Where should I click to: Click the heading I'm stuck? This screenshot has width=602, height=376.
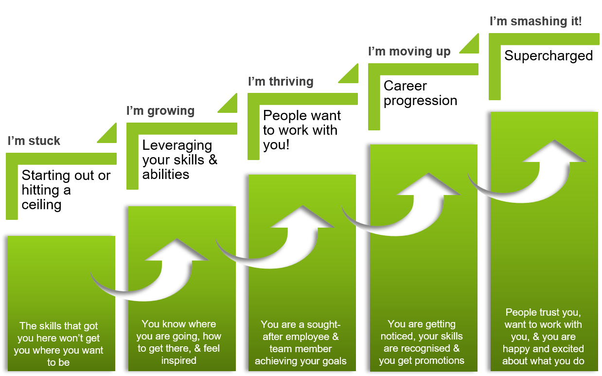pos(34,141)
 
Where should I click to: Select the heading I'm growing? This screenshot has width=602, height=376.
pos(160,111)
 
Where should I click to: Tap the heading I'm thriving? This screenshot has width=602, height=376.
pos(281,81)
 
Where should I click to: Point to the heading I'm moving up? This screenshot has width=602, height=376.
pos(409,51)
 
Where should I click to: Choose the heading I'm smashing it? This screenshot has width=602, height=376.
pos(535,21)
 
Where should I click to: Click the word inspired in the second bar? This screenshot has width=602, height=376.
pos(178,360)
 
